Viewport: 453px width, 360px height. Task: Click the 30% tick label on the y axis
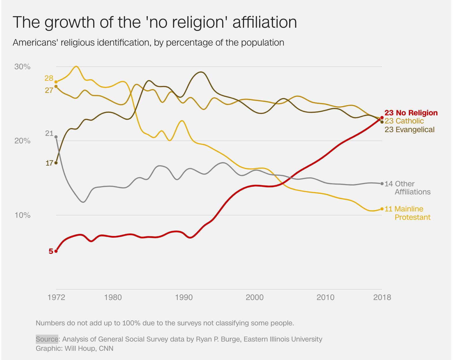[x=22, y=67]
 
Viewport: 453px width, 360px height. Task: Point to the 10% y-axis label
[x=22, y=215]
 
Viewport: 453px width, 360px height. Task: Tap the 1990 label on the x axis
[x=184, y=297]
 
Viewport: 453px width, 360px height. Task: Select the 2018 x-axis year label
[x=382, y=297]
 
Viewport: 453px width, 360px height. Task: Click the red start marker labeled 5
[x=56, y=251]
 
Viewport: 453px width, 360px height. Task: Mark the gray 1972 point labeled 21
[x=56, y=137]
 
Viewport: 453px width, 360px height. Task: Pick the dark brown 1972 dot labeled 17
[x=56, y=163]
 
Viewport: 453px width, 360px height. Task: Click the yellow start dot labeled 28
[x=56, y=82]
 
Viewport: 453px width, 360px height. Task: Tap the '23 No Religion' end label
[x=411, y=113]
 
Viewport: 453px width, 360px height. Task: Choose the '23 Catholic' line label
[x=404, y=121]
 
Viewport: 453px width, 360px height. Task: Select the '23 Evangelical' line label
[x=409, y=130]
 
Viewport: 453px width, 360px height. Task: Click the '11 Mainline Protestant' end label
[x=407, y=213]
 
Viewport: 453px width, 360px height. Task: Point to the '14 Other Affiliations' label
[x=407, y=188]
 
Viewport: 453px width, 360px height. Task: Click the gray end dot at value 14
[x=382, y=183]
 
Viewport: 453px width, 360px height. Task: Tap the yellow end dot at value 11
[x=382, y=209]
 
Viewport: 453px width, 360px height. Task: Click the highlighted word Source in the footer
[x=47, y=339]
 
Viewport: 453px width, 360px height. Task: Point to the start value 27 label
[x=49, y=90]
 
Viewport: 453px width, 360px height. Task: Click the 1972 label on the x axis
[x=56, y=297]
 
